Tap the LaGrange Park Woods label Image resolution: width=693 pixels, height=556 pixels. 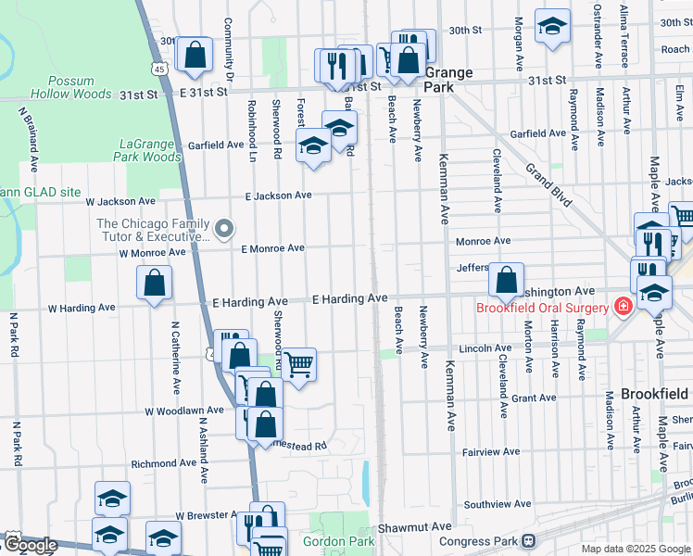tap(150, 150)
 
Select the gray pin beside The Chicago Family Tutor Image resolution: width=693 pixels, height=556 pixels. tap(223, 228)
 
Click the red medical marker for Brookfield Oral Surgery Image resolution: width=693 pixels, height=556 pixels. tap(621, 308)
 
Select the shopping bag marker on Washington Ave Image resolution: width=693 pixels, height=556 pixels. tap(506, 278)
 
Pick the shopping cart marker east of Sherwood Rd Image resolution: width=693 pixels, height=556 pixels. tap(298, 363)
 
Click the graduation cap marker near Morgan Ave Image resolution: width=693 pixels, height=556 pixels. tap(552, 28)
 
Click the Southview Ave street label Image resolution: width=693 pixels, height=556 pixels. tap(497, 505)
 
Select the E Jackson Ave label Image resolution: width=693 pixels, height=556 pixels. tap(278, 196)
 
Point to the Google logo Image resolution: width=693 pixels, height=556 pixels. tap(31, 546)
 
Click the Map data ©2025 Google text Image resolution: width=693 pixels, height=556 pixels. tap(635, 549)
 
